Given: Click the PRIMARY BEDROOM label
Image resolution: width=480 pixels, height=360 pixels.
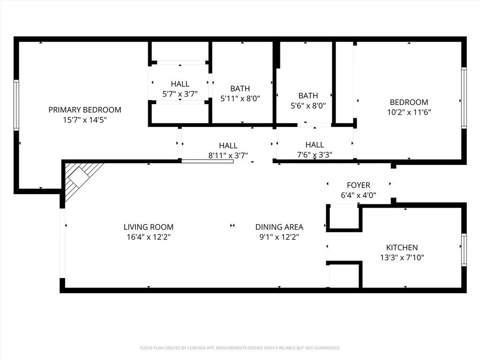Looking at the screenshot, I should click(85, 110).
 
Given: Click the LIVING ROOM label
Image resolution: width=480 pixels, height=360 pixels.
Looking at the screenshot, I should click(149, 227).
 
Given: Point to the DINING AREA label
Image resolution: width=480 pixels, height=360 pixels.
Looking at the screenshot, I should click(279, 227).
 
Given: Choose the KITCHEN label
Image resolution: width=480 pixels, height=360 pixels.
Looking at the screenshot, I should click(402, 247).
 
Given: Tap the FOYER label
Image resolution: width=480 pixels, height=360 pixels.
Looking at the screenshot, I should click(358, 185).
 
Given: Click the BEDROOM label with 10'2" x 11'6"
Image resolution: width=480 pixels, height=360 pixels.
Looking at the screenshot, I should click(409, 102).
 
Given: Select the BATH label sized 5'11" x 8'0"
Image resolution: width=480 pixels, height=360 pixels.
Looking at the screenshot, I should click(240, 88).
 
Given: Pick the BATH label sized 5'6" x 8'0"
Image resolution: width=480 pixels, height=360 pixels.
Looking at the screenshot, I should click(308, 96).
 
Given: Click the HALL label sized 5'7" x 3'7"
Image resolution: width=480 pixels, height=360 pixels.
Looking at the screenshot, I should click(180, 84).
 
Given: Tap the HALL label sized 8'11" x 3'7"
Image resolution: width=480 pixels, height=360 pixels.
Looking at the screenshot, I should click(228, 146).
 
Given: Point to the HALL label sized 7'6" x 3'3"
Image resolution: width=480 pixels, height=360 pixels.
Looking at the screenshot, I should click(315, 145).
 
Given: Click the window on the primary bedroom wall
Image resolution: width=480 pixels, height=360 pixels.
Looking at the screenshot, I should click(16, 105).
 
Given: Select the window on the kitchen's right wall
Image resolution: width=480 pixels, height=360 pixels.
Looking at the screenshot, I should click(464, 250).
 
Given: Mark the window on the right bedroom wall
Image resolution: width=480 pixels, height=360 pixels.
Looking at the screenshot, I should click(464, 97).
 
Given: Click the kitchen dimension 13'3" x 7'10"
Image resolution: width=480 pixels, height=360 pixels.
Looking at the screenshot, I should click(402, 257).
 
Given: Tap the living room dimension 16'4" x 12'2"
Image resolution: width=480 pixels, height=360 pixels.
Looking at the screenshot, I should click(149, 237).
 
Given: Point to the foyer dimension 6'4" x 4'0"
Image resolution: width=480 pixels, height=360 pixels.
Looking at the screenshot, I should click(358, 195).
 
